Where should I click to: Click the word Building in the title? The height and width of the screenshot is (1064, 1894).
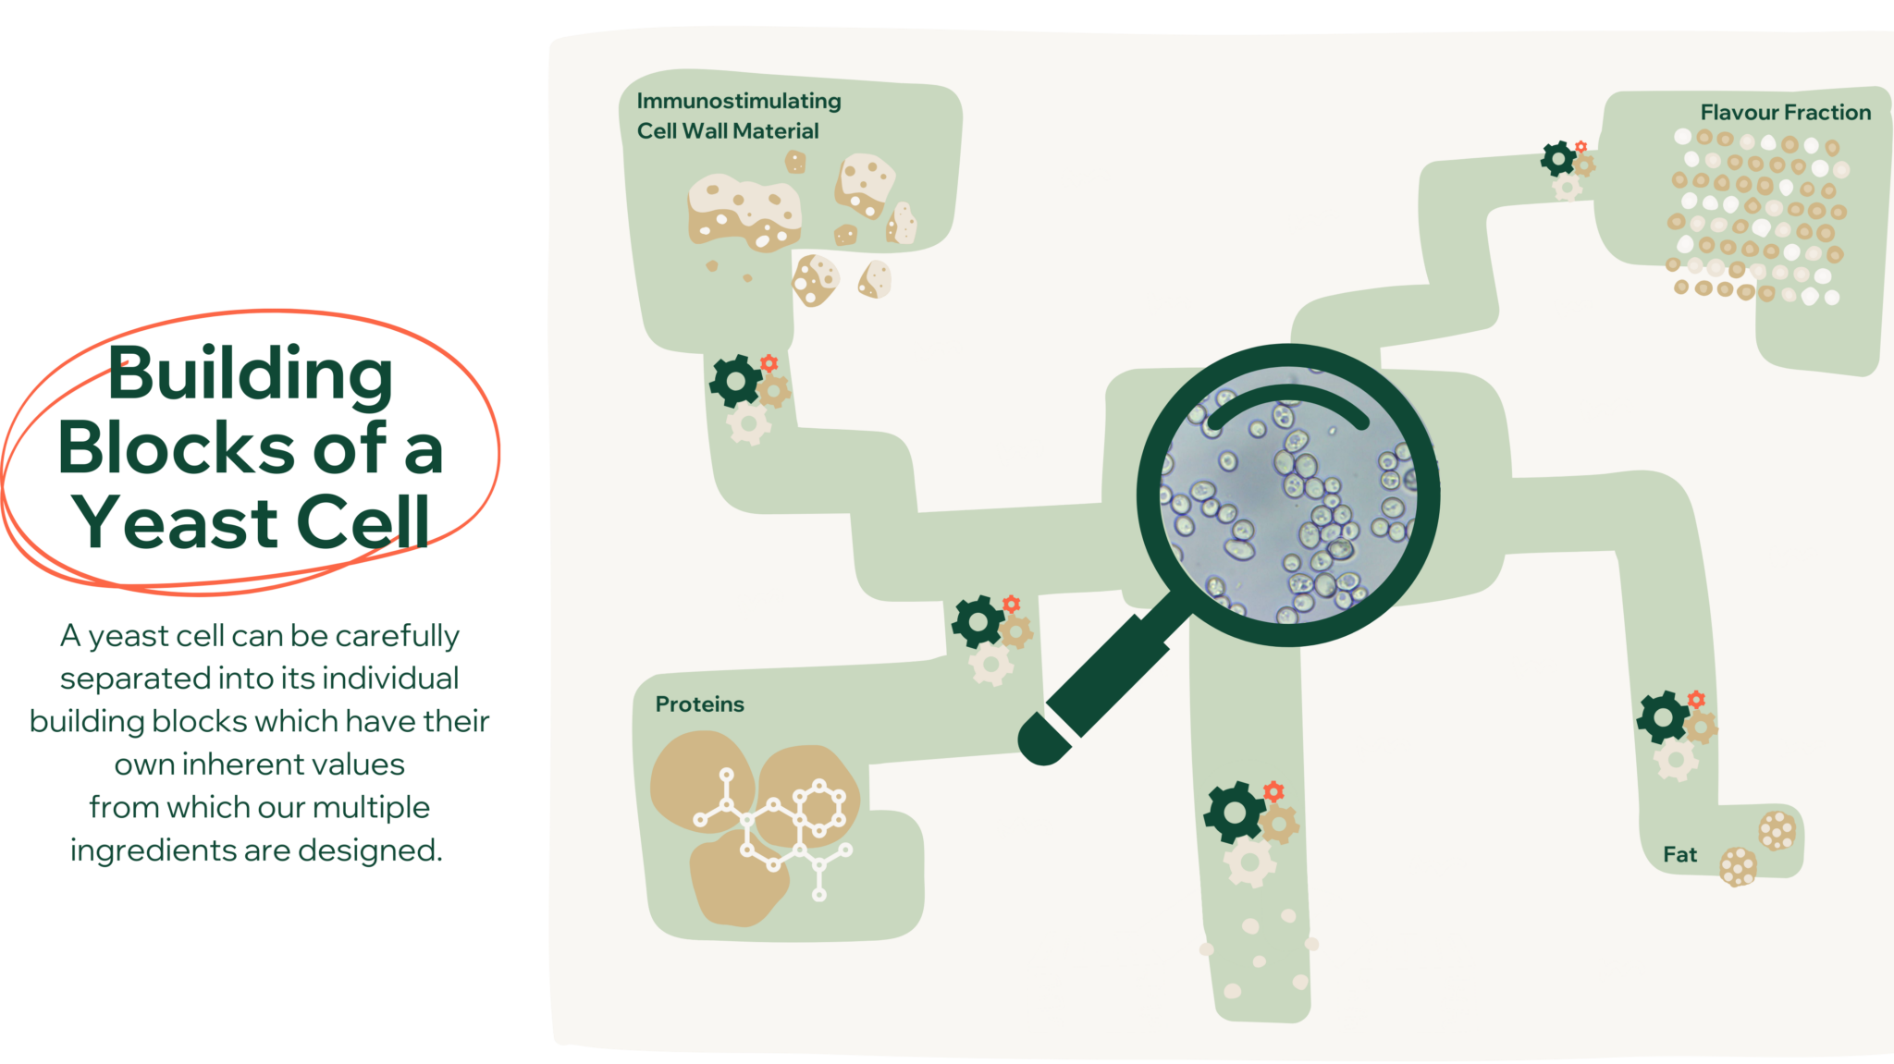pos(251,374)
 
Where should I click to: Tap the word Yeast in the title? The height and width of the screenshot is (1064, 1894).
pos(175,523)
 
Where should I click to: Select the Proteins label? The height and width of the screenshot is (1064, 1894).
pos(699,704)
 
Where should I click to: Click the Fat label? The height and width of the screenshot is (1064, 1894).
pos(1679,855)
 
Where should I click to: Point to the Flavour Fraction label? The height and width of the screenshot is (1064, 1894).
pos(1785,113)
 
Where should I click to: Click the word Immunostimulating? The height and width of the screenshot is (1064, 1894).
pos(739,101)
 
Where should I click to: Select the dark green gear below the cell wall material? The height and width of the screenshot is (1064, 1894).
pos(735,381)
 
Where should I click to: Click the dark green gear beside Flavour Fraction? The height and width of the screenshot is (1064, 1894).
pos(1558,159)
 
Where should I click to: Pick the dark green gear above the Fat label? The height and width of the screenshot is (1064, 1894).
pos(1664,716)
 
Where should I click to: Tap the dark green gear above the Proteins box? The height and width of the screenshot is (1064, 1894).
pos(978,621)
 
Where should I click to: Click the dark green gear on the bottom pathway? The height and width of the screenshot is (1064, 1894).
pos(1234,813)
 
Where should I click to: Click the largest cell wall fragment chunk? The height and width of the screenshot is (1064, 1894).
pos(744,211)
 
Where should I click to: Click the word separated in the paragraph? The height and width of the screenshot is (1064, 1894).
pos(134,679)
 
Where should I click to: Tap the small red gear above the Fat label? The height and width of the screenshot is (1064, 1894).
pos(1696,699)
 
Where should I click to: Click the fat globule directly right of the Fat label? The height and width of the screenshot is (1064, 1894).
pos(1738,866)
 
